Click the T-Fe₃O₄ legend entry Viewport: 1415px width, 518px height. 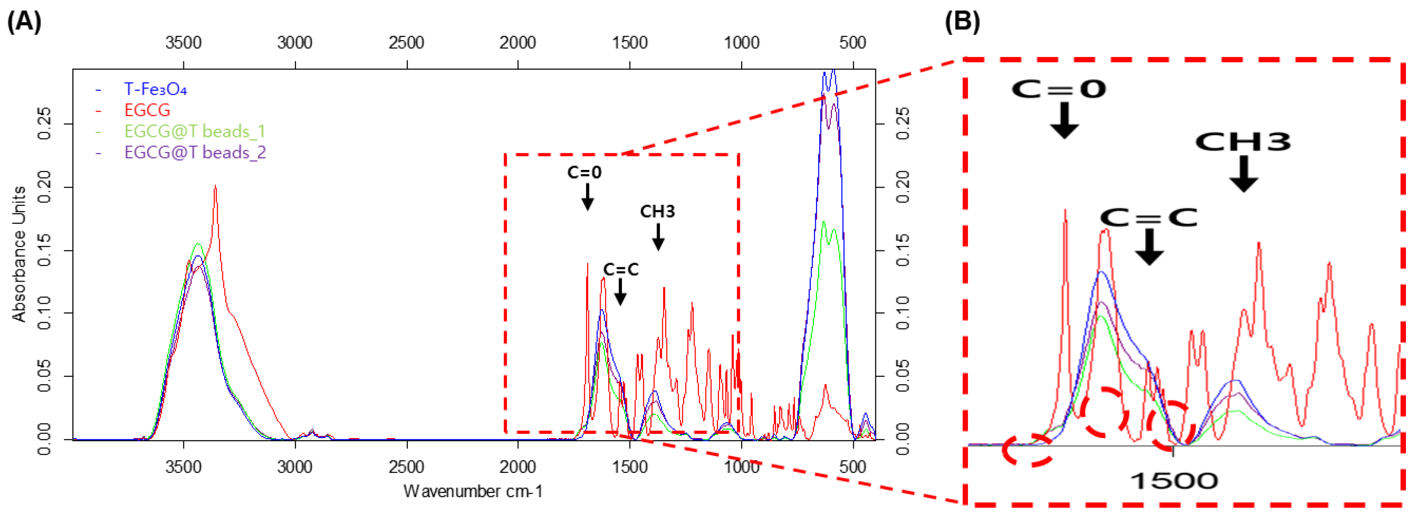[x=155, y=89]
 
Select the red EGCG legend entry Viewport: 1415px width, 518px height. [x=147, y=110]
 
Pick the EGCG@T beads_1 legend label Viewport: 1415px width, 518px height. [x=194, y=131]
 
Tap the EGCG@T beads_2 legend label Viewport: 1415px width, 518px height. [x=195, y=152]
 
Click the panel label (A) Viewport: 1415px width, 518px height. [x=24, y=22]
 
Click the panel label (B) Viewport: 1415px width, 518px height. [x=962, y=22]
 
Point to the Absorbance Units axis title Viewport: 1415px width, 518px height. [x=19, y=253]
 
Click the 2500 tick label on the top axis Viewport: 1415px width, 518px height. [x=406, y=42]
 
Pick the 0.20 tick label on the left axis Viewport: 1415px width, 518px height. [x=44, y=187]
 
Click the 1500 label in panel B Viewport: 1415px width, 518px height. [x=1174, y=481]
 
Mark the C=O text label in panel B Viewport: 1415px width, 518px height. [x=1058, y=89]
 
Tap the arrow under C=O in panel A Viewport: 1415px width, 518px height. [x=587, y=197]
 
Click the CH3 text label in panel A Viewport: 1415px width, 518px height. [x=657, y=211]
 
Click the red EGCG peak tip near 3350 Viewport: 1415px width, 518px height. [x=215, y=186]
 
